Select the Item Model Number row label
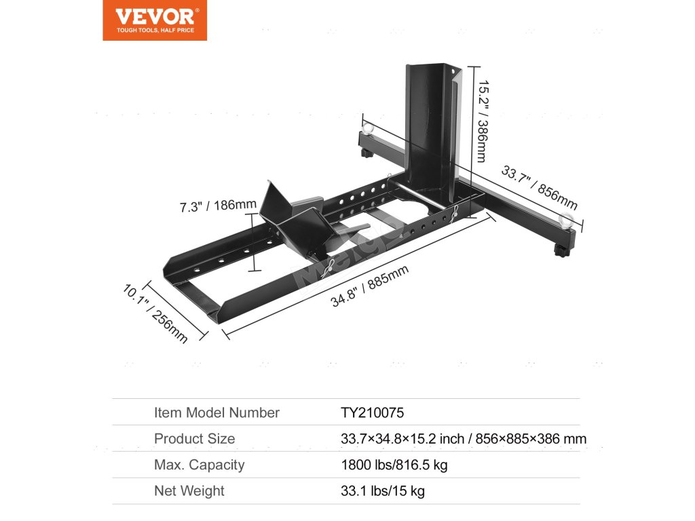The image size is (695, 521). pyautogui.click(x=217, y=412)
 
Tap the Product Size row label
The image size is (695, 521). pyautogui.click(x=194, y=439)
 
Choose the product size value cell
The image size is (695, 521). pyautogui.click(x=463, y=439)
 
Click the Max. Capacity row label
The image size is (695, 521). pyautogui.click(x=199, y=465)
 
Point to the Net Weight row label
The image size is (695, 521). pyautogui.click(x=189, y=491)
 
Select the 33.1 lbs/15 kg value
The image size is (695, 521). pyautogui.click(x=382, y=491)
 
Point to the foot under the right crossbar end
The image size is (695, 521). pyautogui.click(x=561, y=254)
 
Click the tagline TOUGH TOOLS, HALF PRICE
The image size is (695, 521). pyautogui.click(x=155, y=31)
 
